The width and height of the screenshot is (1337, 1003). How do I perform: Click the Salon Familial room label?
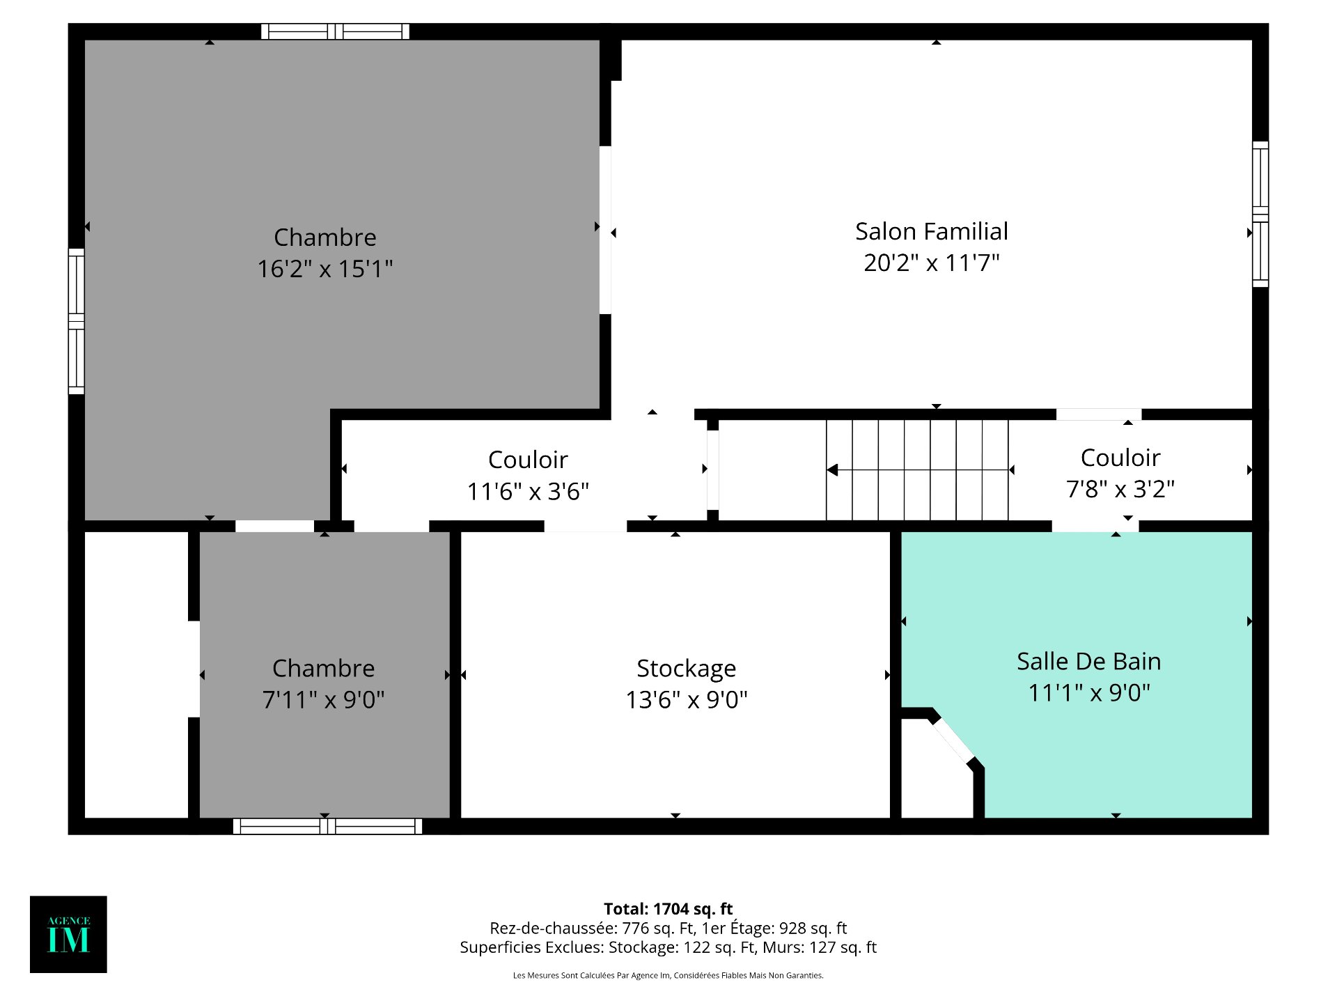pyautogui.click(x=932, y=231)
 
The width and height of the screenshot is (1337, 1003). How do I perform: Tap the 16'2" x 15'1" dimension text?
pyautogui.click(x=325, y=269)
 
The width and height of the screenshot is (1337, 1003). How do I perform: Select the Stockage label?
pyautogui.click(x=687, y=669)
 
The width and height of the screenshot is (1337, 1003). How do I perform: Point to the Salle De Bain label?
pyautogui.click(x=1089, y=661)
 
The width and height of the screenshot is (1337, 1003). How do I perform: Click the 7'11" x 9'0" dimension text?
pyautogui.click(x=324, y=699)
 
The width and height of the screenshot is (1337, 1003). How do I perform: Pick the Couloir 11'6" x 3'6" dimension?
pyautogui.click(x=528, y=491)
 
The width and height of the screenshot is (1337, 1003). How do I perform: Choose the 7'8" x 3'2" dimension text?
pyautogui.click(x=1120, y=489)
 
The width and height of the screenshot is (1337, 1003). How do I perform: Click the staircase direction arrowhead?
pyautogui.click(x=832, y=470)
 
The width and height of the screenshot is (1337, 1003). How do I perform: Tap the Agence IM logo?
pyautogui.click(x=68, y=934)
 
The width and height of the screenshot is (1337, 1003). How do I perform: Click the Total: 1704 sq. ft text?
pyautogui.click(x=668, y=909)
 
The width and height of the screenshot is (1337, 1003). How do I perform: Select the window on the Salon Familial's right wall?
pyautogui.click(x=1260, y=215)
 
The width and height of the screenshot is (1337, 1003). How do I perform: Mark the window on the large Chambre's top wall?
pyautogui.click(x=335, y=31)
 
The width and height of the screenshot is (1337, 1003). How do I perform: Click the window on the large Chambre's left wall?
pyautogui.click(x=76, y=321)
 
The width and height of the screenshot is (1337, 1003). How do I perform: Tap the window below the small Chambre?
pyautogui.click(x=327, y=826)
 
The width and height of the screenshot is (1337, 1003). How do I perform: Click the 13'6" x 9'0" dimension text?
pyautogui.click(x=687, y=699)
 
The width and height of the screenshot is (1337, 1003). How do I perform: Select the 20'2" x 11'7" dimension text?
pyautogui.click(x=932, y=263)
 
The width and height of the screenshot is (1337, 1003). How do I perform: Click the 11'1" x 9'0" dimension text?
pyautogui.click(x=1089, y=693)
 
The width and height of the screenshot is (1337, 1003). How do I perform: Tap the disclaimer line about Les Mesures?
pyautogui.click(x=668, y=976)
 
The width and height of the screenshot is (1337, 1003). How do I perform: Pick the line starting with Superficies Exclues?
pyautogui.click(x=668, y=947)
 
